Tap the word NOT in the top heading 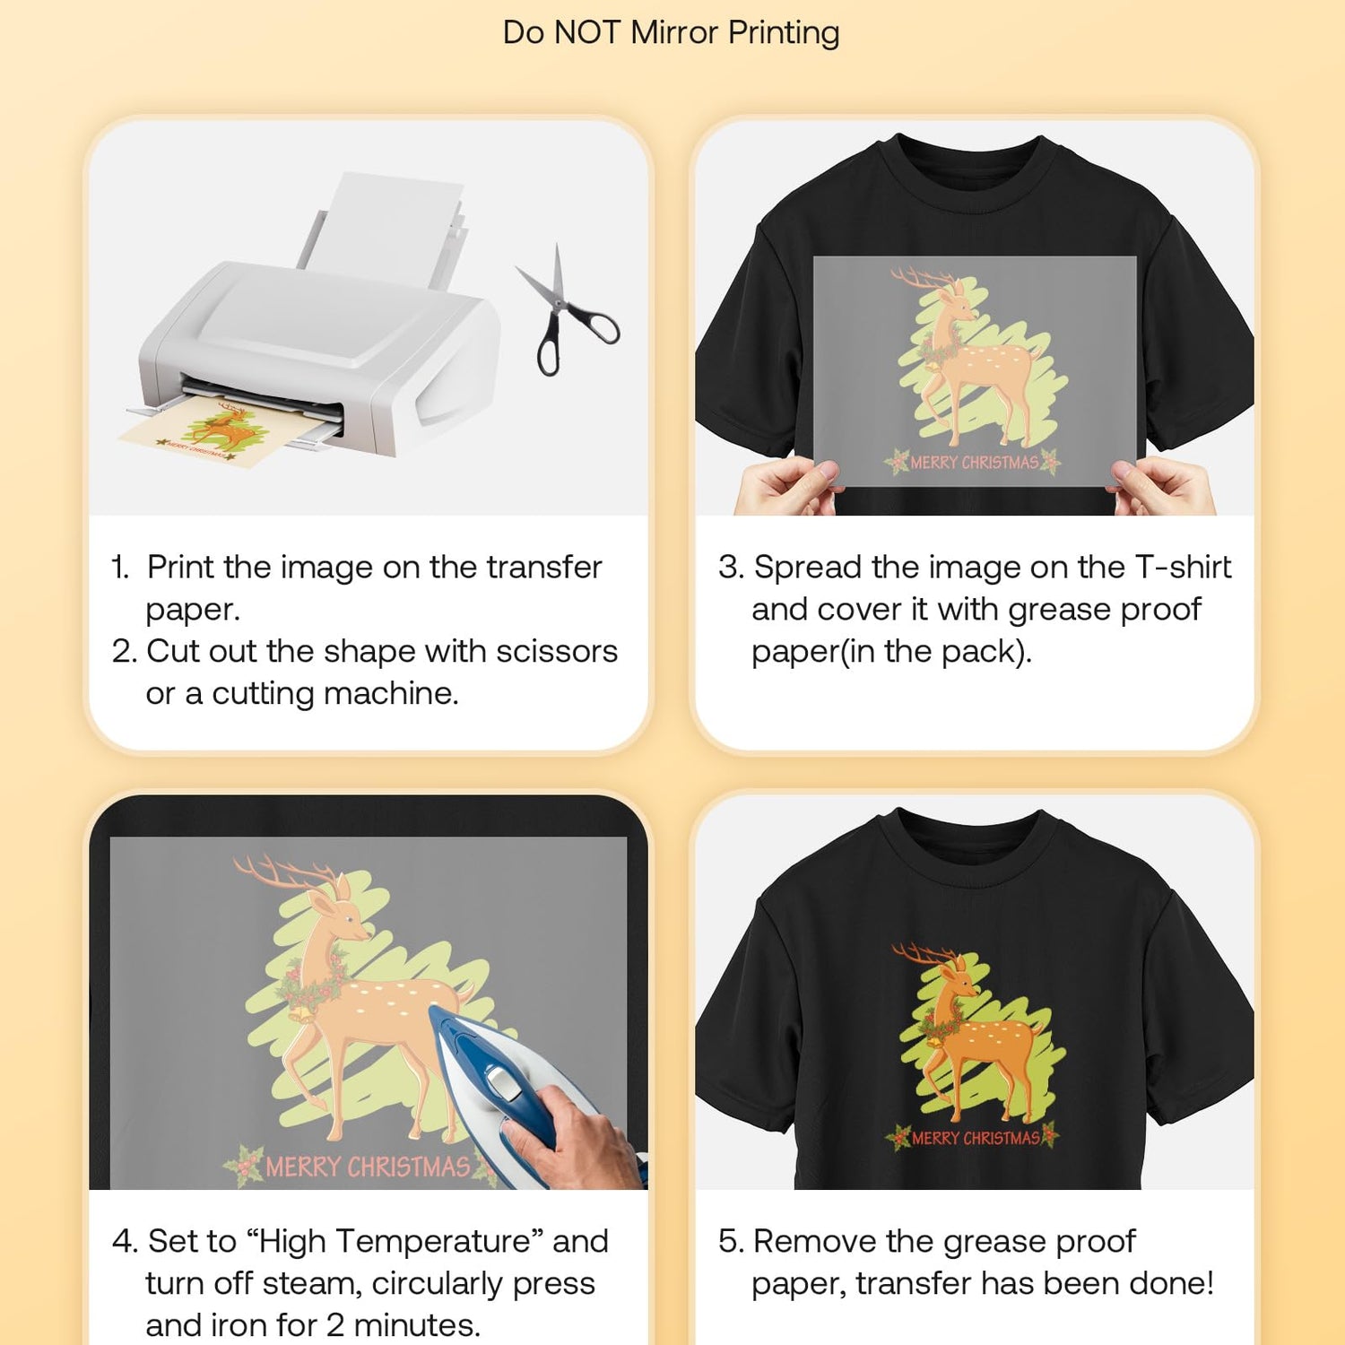[x=587, y=32]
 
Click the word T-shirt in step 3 [x=1184, y=567]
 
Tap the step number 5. [x=730, y=1242]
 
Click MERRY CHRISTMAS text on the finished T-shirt [x=976, y=1138]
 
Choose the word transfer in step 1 [x=543, y=567]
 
